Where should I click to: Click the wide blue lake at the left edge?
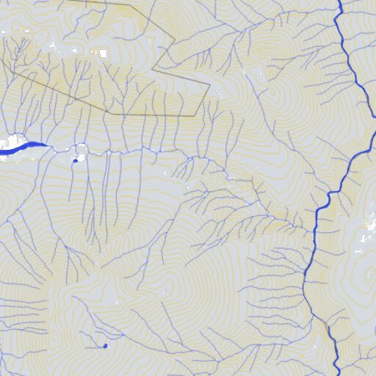pos(18,146)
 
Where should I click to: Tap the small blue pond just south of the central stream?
pos(75,160)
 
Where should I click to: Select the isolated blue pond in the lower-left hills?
pos(106,345)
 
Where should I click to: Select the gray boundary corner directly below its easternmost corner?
pos(195,115)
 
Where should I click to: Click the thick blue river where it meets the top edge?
pos(341,1)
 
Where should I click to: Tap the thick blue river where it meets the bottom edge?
pos(337,374)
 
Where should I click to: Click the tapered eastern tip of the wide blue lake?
pos(48,146)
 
